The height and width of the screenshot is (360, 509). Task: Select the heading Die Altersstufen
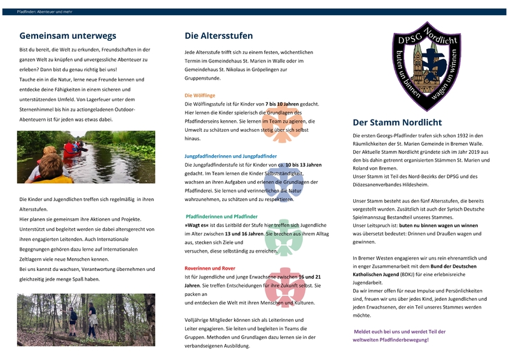[x=218, y=36]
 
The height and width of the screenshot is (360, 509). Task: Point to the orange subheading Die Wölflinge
[x=200, y=95]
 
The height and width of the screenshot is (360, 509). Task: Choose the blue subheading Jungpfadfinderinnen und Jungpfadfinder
[x=230, y=156]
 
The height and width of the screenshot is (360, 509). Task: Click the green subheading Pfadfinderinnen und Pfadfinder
[x=221, y=216]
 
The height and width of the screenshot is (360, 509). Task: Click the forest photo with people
[x=86, y=319]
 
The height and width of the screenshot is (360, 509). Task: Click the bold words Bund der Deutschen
[x=458, y=266]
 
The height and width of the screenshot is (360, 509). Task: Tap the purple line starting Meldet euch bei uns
[x=391, y=331]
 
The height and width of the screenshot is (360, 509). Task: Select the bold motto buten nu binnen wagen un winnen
[x=438, y=225]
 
